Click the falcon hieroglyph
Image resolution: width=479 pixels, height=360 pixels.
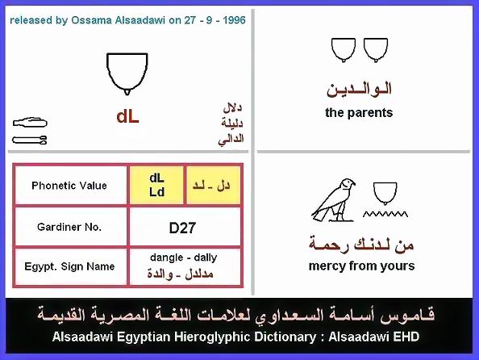333,200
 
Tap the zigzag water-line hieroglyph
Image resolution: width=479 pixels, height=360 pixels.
385,214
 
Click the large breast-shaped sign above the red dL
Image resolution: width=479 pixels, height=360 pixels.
127,73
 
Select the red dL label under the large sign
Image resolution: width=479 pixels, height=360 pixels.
127,117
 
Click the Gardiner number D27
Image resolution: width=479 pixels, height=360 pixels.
182,228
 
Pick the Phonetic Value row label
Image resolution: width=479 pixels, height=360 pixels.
69,186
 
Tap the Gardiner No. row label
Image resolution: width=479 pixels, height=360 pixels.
69,227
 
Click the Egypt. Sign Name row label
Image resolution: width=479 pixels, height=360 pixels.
69,266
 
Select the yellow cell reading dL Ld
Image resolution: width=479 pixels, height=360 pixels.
156,185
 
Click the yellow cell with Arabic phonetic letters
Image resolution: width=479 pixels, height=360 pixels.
213,185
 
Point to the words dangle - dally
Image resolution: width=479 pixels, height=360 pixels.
184,257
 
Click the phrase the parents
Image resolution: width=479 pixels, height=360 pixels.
359,113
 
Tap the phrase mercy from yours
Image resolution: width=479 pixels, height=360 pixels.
362,266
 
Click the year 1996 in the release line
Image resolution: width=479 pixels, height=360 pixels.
234,20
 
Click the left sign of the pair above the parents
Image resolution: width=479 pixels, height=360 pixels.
344,50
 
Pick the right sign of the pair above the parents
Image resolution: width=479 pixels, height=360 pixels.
376,50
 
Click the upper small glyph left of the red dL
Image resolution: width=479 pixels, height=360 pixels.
30,123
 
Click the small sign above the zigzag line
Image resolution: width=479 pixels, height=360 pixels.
385,194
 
